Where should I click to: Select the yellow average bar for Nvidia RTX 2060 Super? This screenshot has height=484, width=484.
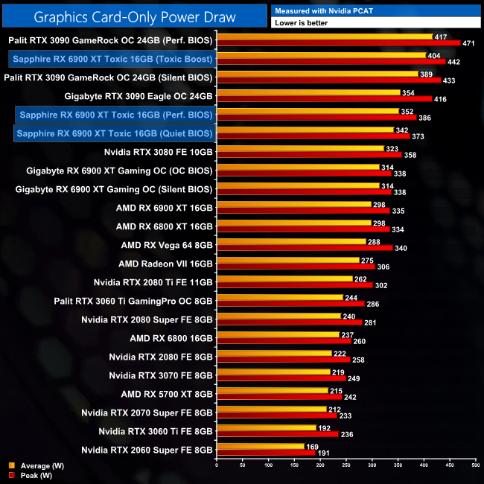pos(260,446)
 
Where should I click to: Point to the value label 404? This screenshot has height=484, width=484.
pos(434,55)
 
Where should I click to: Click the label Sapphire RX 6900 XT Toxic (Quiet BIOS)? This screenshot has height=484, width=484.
pos(114,133)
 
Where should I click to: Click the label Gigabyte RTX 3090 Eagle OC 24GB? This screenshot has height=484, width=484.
pos(138,96)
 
